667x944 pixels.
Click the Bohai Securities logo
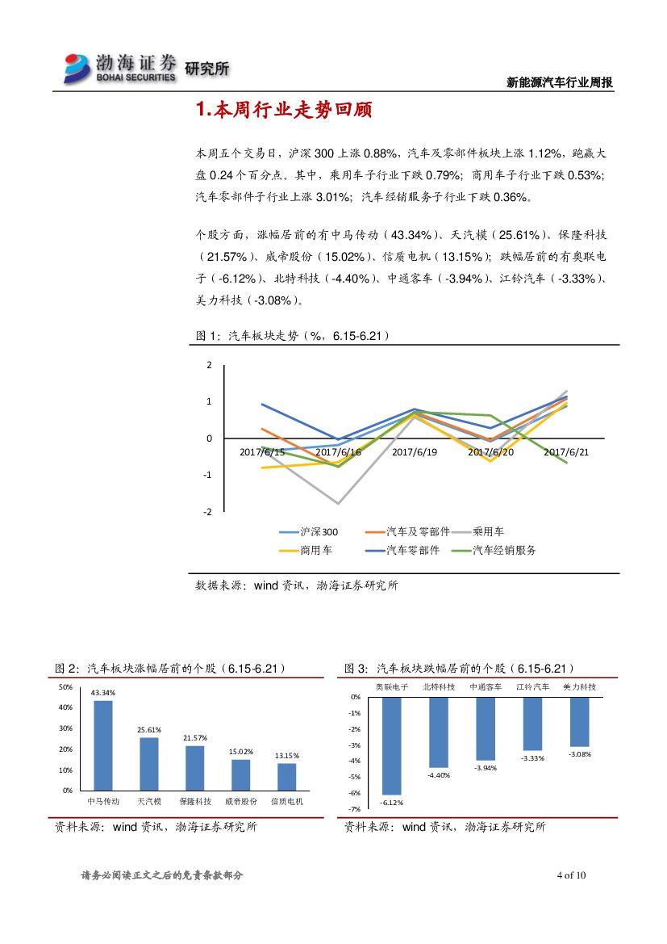(x=121, y=68)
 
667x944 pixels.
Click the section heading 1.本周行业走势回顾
(x=283, y=111)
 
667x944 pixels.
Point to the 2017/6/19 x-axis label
(x=414, y=452)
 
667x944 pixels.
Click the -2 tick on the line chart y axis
(x=209, y=512)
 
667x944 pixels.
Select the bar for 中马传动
(x=103, y=745)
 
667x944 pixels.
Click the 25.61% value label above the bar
(x=149, y=729)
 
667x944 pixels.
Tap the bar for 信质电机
(x=286, y=776)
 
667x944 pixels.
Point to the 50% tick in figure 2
(x=66, y=687)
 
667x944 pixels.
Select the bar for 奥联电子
(x=392, y=745)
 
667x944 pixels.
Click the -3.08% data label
(x=579, y=754)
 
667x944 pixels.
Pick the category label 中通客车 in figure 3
(x=485, y=686)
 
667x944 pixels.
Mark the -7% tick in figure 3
(x=355, y=808)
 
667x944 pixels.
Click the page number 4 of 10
(x=571, y=875)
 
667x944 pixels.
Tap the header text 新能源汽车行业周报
(x=559, y=82)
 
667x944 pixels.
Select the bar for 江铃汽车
(x=532, y=724)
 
